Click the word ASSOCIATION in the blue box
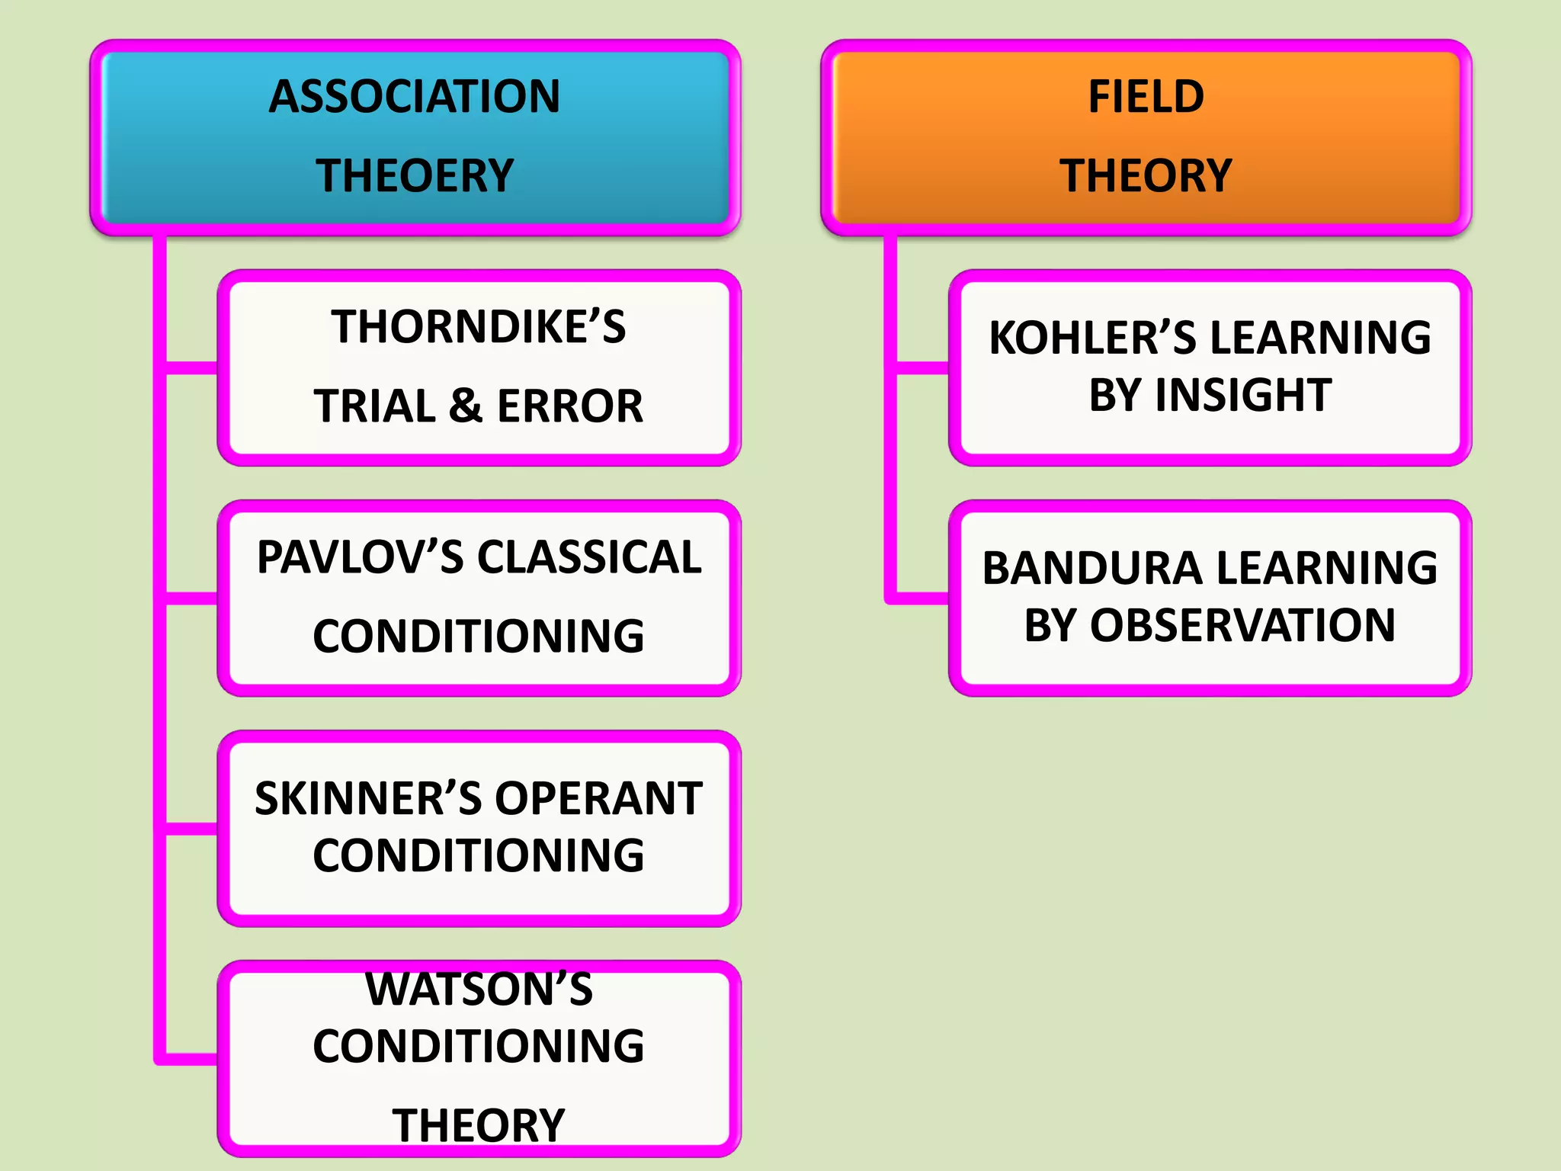(414, 97)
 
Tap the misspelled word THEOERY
(414, 176)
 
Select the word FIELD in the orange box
(1146, 97)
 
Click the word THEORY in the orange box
(1146, 176)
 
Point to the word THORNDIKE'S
(478, 327)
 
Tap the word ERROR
(570, 406)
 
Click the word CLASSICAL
(589, 557)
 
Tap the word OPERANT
(598, 799)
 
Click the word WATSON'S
(478, 990)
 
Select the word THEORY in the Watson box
(478, 1125)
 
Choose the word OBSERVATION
(1242, 626)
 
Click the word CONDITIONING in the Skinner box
(478, 855)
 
